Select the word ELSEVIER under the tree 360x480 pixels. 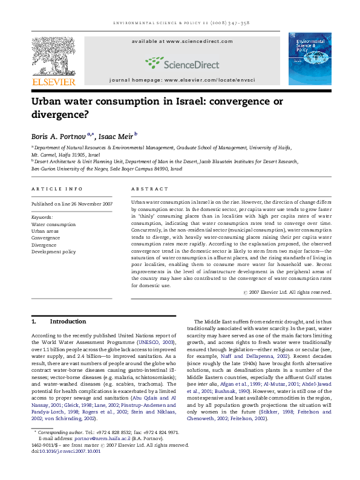click(54, 82)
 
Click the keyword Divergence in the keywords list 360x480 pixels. click(45, 245)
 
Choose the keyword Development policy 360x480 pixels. click(54, 251)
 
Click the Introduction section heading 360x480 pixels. click(67, 321)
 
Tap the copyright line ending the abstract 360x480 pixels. click(287, 292)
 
